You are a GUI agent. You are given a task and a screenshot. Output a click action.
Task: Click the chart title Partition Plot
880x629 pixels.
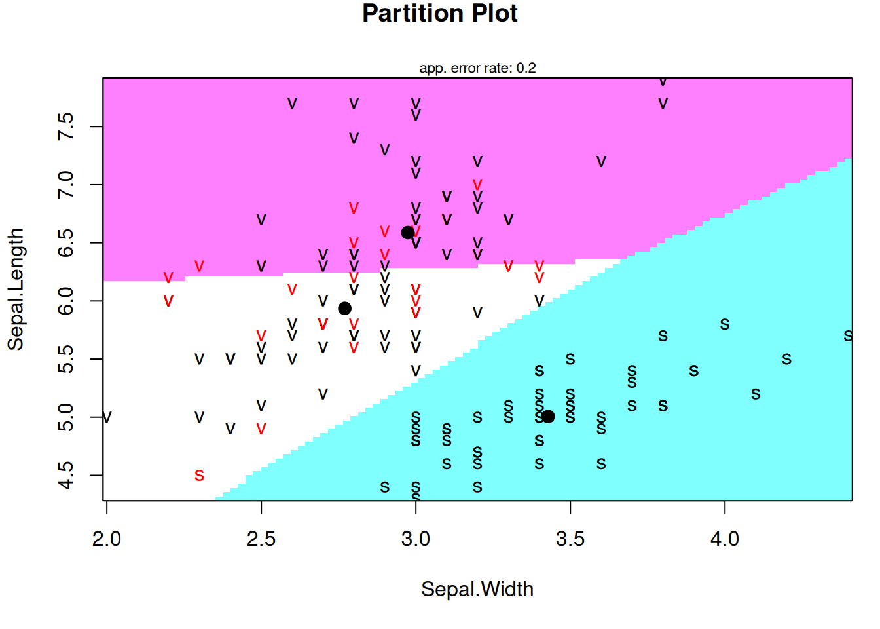tap(439, 14)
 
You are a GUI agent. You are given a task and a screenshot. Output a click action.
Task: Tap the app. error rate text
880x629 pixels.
tap(477, 68)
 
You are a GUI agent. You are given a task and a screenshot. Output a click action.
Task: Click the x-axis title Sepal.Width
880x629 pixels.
tap(477, 589)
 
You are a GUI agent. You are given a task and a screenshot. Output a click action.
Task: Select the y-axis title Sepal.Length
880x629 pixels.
tap(16, 289)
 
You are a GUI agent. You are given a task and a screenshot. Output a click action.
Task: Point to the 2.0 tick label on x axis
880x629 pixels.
tap(106, 539)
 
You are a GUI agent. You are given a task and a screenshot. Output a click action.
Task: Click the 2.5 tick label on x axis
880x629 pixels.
tap(261, 539)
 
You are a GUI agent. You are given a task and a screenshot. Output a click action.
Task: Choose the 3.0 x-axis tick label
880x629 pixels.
tap(415, 539)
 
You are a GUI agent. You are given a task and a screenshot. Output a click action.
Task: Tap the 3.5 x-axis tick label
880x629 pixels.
tap(570, 539)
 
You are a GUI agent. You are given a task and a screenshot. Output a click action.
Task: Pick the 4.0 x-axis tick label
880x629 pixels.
tap(724, 539)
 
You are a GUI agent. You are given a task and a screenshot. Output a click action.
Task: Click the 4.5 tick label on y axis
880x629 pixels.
tap(66, 475)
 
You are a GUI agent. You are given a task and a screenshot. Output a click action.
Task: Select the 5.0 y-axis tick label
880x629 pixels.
tap(66, 417)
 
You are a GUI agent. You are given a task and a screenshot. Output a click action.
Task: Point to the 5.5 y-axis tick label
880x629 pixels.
tap(66, 359)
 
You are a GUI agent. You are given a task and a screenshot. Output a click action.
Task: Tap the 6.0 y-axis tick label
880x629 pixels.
tap(66, 301)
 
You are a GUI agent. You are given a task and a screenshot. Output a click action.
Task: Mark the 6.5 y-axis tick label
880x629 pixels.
tap(66, 243)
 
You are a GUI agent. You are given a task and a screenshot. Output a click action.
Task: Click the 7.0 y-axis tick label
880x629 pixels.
tap(66, 185)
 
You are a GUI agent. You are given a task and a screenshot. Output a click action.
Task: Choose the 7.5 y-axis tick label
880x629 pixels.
tap(66, 126)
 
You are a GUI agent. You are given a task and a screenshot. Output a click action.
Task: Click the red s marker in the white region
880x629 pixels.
tap(199, 475)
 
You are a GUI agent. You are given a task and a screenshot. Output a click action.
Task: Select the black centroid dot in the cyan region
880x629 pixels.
tap(548, 416)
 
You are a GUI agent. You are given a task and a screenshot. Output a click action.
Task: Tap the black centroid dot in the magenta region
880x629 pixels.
tap(407, 233)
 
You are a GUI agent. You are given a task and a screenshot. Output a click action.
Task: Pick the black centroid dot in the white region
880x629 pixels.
tap(344, 308)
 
